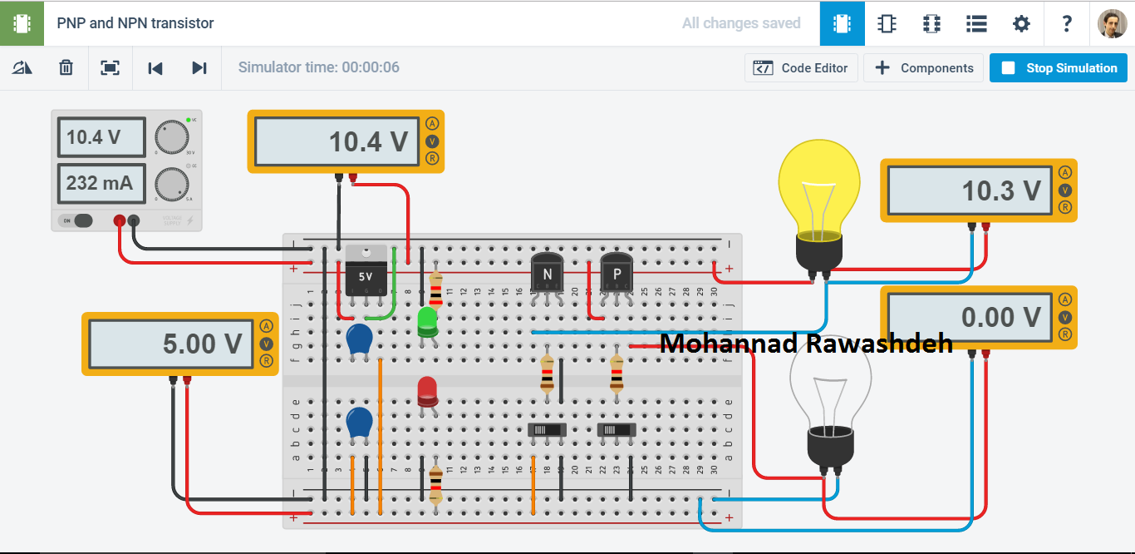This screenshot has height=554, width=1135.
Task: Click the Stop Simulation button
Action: point(1058,68)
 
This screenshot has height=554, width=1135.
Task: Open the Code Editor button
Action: point(801,68)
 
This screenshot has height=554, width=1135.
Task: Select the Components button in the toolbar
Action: point(923,68)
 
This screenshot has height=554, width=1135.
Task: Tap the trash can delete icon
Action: point(66,68)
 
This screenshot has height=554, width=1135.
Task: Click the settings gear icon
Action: point(1021,23)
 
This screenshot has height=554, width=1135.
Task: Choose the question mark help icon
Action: point(1067,23)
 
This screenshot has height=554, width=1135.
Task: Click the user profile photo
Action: point(1112,23)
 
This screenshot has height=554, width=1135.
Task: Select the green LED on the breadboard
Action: point(428,321)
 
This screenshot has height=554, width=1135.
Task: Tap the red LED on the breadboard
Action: point(427,392)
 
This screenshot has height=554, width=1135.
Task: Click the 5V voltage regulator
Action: point(366,270)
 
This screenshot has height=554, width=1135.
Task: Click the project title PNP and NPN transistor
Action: point(135,23)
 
